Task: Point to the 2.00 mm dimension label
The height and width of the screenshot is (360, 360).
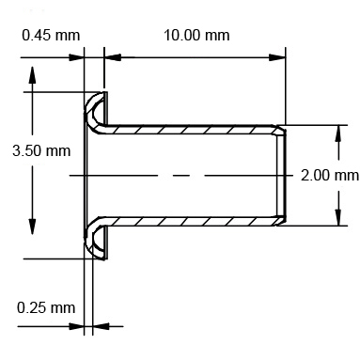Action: click(329, 175)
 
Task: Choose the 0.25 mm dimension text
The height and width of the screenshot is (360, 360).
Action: click(46, 307)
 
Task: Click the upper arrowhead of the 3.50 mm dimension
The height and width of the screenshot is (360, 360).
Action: click(33, 77)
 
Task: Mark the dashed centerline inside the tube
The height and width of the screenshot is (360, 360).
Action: click(179, 176)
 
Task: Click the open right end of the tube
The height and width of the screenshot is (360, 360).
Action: click(281, 176)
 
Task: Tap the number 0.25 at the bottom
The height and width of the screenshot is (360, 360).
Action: click(34, 307)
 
